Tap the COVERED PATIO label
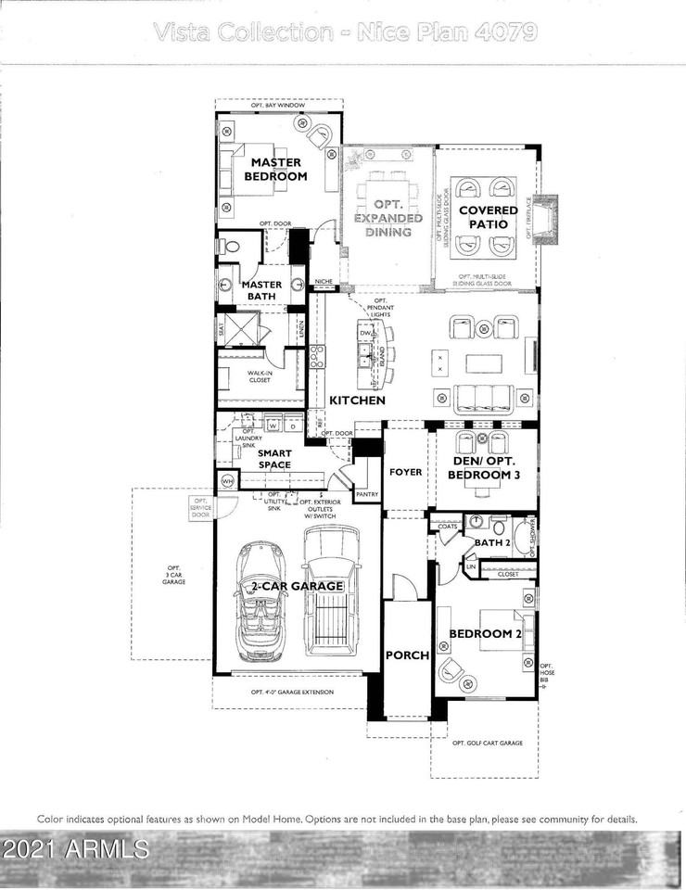pos(487,217)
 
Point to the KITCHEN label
pos(357,400)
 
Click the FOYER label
pos(405,472)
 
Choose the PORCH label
pos(407,655)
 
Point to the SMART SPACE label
pos(274,459)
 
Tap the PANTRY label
pos(367,495)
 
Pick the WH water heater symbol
pos(227,480)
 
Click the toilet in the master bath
pos(230,247)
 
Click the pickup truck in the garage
pos(330,591)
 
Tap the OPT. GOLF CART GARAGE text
pos(487,744)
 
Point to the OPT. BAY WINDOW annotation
pos(278,106)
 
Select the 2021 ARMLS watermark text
pos(75,848)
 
